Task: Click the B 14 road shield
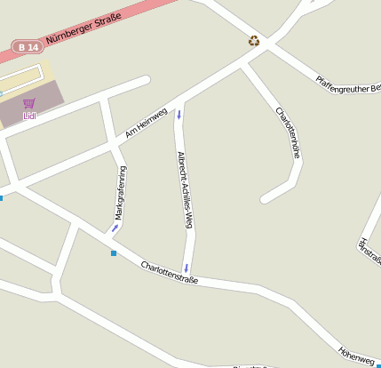coord(28,45)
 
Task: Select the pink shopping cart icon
coord(28,103)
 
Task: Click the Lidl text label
coord(29,115)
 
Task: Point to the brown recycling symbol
coord(254,40)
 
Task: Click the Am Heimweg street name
coord(146,123)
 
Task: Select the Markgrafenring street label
coord(120,192)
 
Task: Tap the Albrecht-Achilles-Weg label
coord(185,190)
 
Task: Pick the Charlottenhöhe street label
coord(289,133)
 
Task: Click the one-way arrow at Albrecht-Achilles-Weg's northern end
coord(179,114)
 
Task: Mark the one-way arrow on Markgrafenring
coord(115,228)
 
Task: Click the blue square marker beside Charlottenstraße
coord(114,254)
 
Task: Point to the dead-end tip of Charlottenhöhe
coord(266,197)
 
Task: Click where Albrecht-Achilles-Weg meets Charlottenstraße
coord(187,277)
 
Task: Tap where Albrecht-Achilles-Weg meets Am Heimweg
coord(178,100)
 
